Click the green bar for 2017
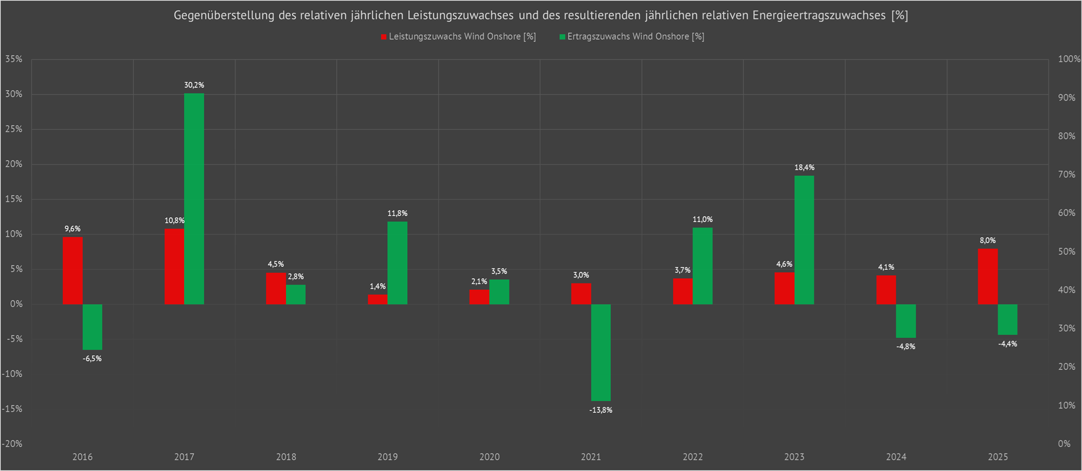pyautogui.click(x=194, y=199)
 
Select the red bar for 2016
pyautogui.click(x=73, y=270)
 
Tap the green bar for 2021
pyautogui.click(x=600, y=352)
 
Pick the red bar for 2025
pyautogui.click(x=987, y=276)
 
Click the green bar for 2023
pyautogui.click(x=804, y=240)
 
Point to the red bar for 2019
pyautogui.click(x=378, y=299)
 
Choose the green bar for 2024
pyautogui.click(x=906, y=321)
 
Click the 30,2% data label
pyautogui.click(x=194, y=85)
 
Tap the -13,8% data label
pyautogui.click(x=600, y=410)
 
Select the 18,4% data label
pyautogui.click(x=804, y=168)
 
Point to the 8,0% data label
pyautogui.click(x=987, y=240)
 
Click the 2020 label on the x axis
pyautogui.click(x=489, y=457)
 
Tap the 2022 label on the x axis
pyautogui.click(x=693, y=457)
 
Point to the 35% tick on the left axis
pyautogui.click(x=14, y=59)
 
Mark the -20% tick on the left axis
pyautogui.click(x=12, y=444)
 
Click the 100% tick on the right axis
pyautogui.click(x=1068, y=59)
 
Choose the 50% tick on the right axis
pyautogui.click(x=1066, y=252)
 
